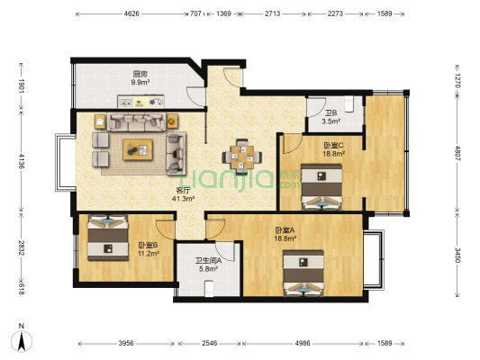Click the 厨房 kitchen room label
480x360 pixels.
coord(140,74)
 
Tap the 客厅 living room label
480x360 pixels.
coord(184,190)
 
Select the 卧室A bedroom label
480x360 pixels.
coord(285,229)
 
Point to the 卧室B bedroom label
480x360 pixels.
coord(149,245)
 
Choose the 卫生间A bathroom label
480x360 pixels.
coord(208,261)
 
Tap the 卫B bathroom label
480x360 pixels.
coord(331,112)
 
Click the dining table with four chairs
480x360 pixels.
coord(242,157)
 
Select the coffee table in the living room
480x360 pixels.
coord(138,149)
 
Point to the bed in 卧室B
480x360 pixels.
coord(108,238)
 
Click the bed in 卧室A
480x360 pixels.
coord(303,273)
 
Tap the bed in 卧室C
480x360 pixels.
coord(322,187)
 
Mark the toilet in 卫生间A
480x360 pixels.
coord(209,289)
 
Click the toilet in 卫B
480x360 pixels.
coord(349,104)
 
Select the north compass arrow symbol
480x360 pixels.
coord(22,341)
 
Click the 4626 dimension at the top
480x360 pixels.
coord(131,13)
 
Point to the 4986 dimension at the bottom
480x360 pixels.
coord(303,343)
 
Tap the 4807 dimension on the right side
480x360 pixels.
coord(457,153)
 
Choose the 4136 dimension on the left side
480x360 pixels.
coord(22,161)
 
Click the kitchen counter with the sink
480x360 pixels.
coord(140,102)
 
